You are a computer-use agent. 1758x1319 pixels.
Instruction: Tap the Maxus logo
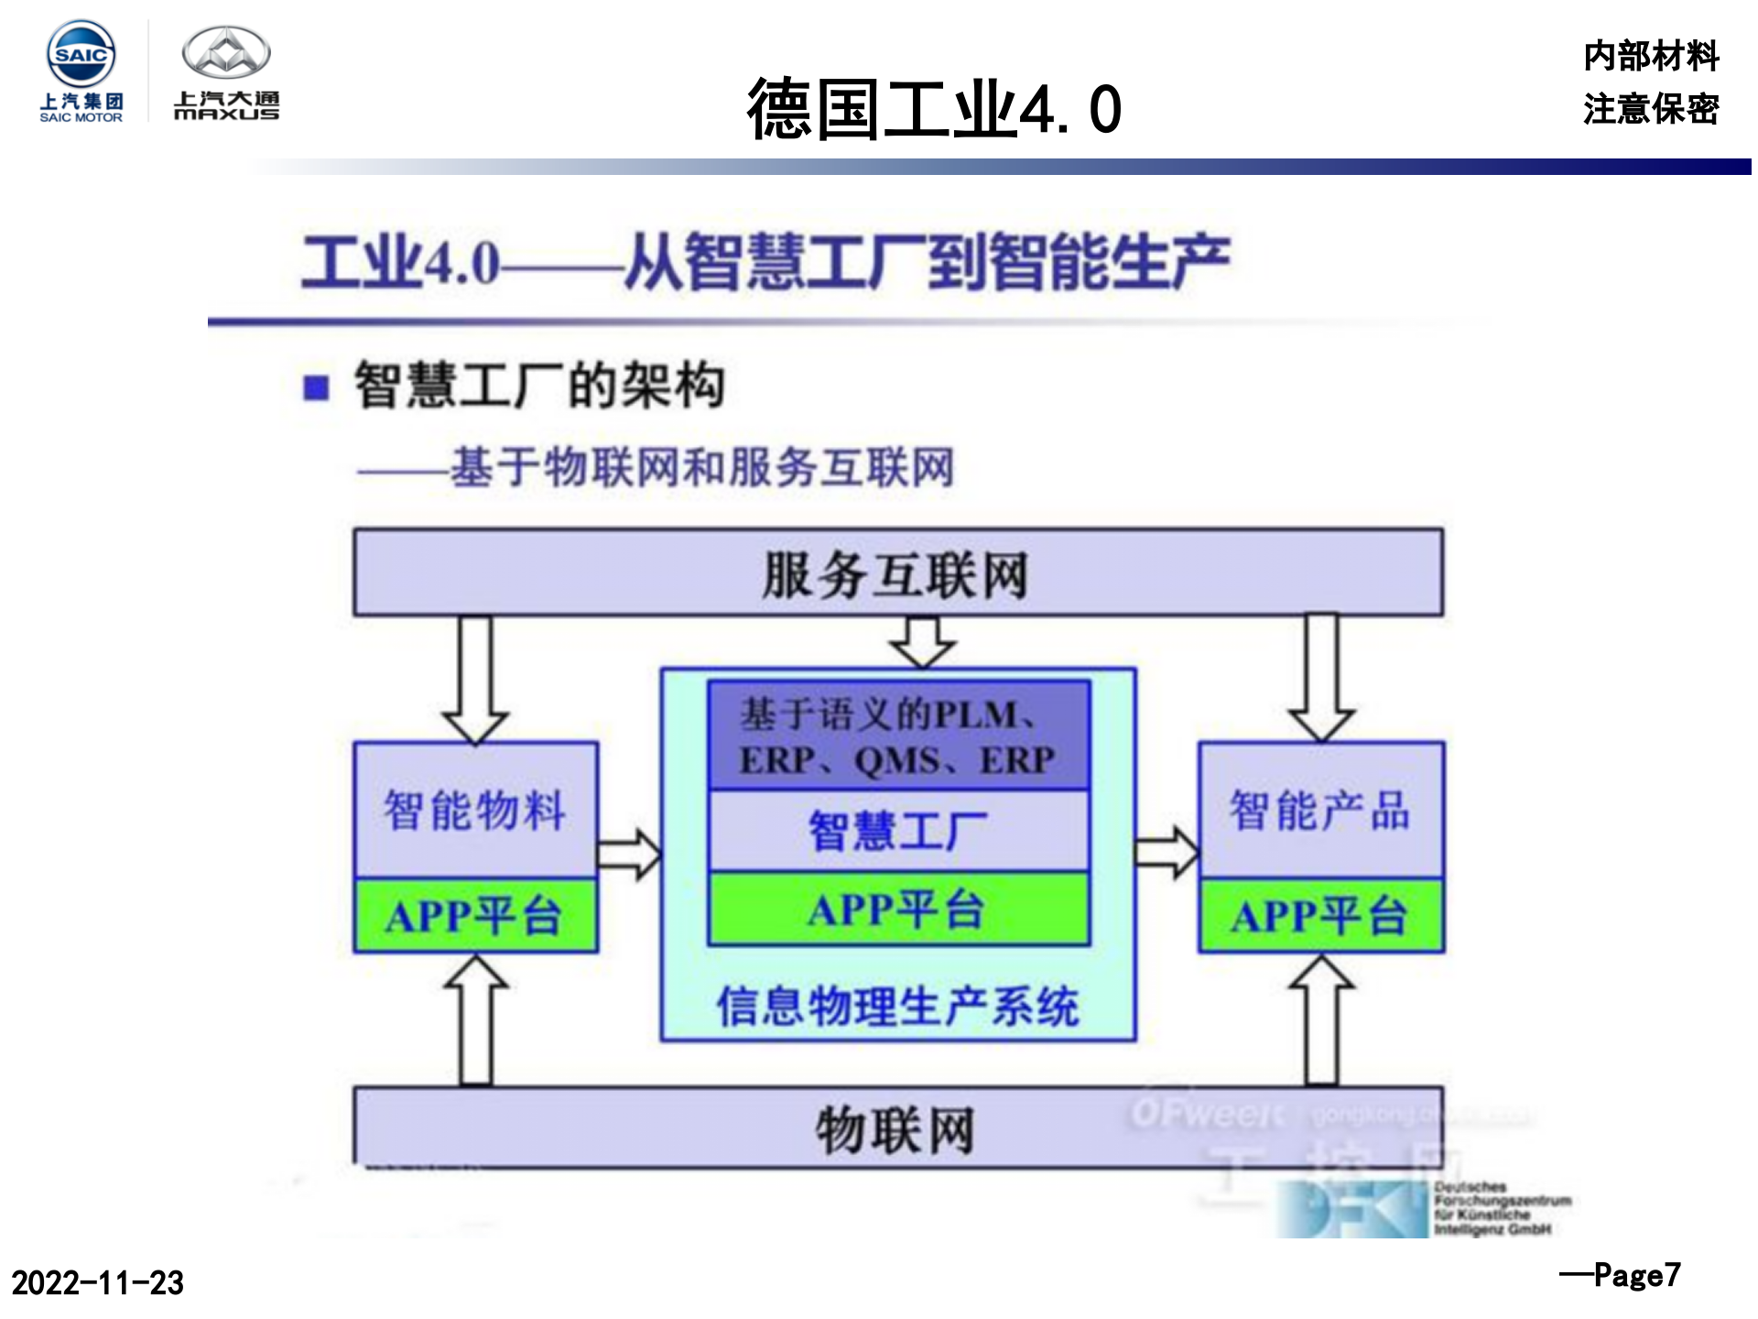(226, 73)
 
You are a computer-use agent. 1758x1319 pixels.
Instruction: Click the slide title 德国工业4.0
(933, 109)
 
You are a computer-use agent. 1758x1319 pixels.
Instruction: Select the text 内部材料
(1650, 56)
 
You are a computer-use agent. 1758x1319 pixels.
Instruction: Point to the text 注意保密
(1650, 109)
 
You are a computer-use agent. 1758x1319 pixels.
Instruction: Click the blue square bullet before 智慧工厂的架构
(316, 387)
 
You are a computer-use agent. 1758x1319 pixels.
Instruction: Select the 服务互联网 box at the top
(897, 573)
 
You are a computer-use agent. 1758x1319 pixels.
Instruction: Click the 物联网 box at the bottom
(897, 1128)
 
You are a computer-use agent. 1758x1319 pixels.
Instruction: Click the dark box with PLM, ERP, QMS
(898, 736)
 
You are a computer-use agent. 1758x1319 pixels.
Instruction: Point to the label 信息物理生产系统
(898, 1006)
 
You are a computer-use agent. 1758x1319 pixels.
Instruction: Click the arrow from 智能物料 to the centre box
(628, 855)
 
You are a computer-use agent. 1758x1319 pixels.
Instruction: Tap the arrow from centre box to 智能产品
(1166, 853)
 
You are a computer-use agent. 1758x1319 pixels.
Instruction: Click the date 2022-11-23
(97, 1282)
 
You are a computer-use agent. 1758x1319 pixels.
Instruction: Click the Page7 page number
(1621, 1275)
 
